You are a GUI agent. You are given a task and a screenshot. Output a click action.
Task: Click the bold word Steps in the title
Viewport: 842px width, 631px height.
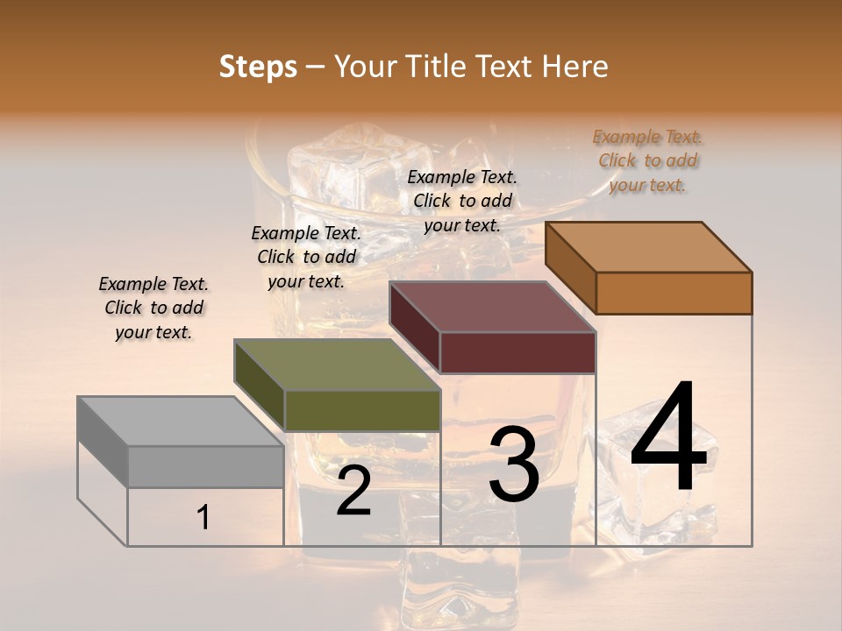258,67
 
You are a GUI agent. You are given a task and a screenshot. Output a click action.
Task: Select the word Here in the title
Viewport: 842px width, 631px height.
574,67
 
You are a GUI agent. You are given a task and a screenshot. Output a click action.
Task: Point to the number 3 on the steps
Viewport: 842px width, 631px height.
513,464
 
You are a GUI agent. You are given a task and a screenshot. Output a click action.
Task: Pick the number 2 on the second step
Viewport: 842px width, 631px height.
353,491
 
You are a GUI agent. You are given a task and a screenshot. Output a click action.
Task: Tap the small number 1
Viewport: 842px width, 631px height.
203,518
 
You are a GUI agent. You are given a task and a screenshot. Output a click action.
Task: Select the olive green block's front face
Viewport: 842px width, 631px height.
362,410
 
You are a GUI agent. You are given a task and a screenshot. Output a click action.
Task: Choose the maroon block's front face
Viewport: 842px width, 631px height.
517,352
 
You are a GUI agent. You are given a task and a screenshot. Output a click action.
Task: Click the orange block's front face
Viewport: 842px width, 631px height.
674,293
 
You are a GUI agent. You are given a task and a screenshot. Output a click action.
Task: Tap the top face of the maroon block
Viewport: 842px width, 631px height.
493,307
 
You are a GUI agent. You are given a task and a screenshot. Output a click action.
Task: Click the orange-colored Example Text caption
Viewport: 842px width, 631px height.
647,161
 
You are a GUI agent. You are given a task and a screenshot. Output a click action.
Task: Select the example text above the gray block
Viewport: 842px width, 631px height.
153,308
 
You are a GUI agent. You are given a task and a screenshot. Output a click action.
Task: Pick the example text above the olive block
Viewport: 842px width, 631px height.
306,257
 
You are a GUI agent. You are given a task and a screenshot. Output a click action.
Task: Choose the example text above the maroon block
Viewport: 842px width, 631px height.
462,201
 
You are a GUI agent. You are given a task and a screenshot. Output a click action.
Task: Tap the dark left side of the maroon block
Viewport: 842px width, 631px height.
414,326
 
